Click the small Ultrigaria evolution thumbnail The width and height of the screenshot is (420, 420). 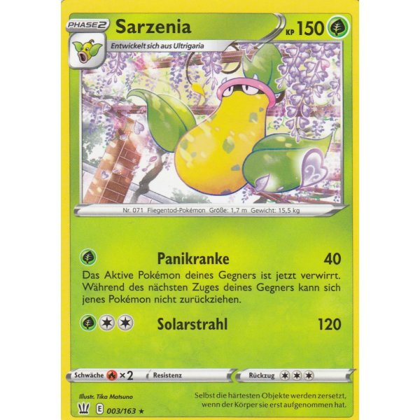[86, 51]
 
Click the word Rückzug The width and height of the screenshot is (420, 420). [264, 376]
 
